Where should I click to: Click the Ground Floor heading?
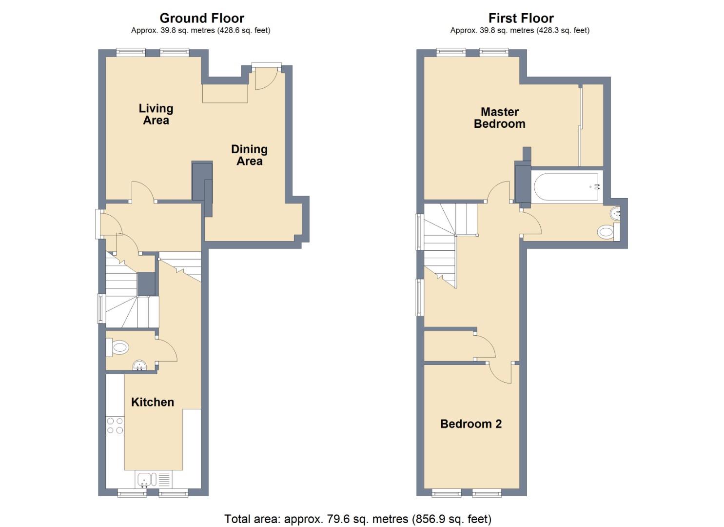(x=201, y=18)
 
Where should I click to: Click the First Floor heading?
(x=521, y=18)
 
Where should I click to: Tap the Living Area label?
(x=156, y=114)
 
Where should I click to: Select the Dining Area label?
(x=249, y=155)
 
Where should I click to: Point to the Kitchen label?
(x=152, y=402)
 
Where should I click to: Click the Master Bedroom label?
(x=499, y=118)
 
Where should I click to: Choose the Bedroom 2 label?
(x=470, y=424)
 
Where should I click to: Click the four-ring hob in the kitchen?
(x=115, y=426)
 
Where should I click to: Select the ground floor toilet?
(x=118, y=348)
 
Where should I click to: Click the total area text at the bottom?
(x=357, y=519)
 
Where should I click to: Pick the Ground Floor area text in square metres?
(x=200, y=30)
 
